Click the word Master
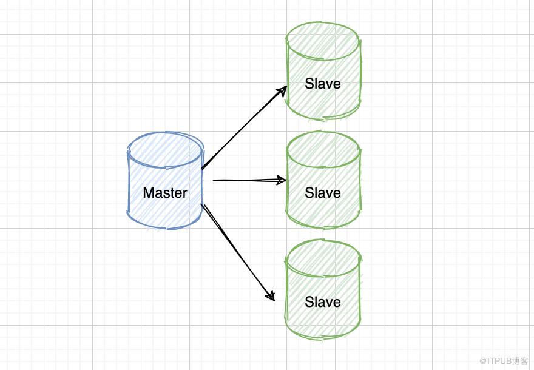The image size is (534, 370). (x=165, y=193)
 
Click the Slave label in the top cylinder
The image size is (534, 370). (x=323, y=84)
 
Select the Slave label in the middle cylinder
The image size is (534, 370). (x=323, y=193)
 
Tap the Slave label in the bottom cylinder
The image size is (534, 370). (x=323, y=302)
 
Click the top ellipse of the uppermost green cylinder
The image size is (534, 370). (x=323, y=38)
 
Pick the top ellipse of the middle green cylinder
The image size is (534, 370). (x=323, y=147)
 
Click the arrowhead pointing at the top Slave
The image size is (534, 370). (x=282, y=90)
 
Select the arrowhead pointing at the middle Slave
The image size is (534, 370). (x=282, y=180)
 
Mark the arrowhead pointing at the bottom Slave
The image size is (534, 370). (x=271, y=296)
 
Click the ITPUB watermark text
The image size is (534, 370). (x=503, y=360)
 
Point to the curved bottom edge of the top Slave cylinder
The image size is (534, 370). (x=323, y=117)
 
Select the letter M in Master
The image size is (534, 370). (x=148, y=193)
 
